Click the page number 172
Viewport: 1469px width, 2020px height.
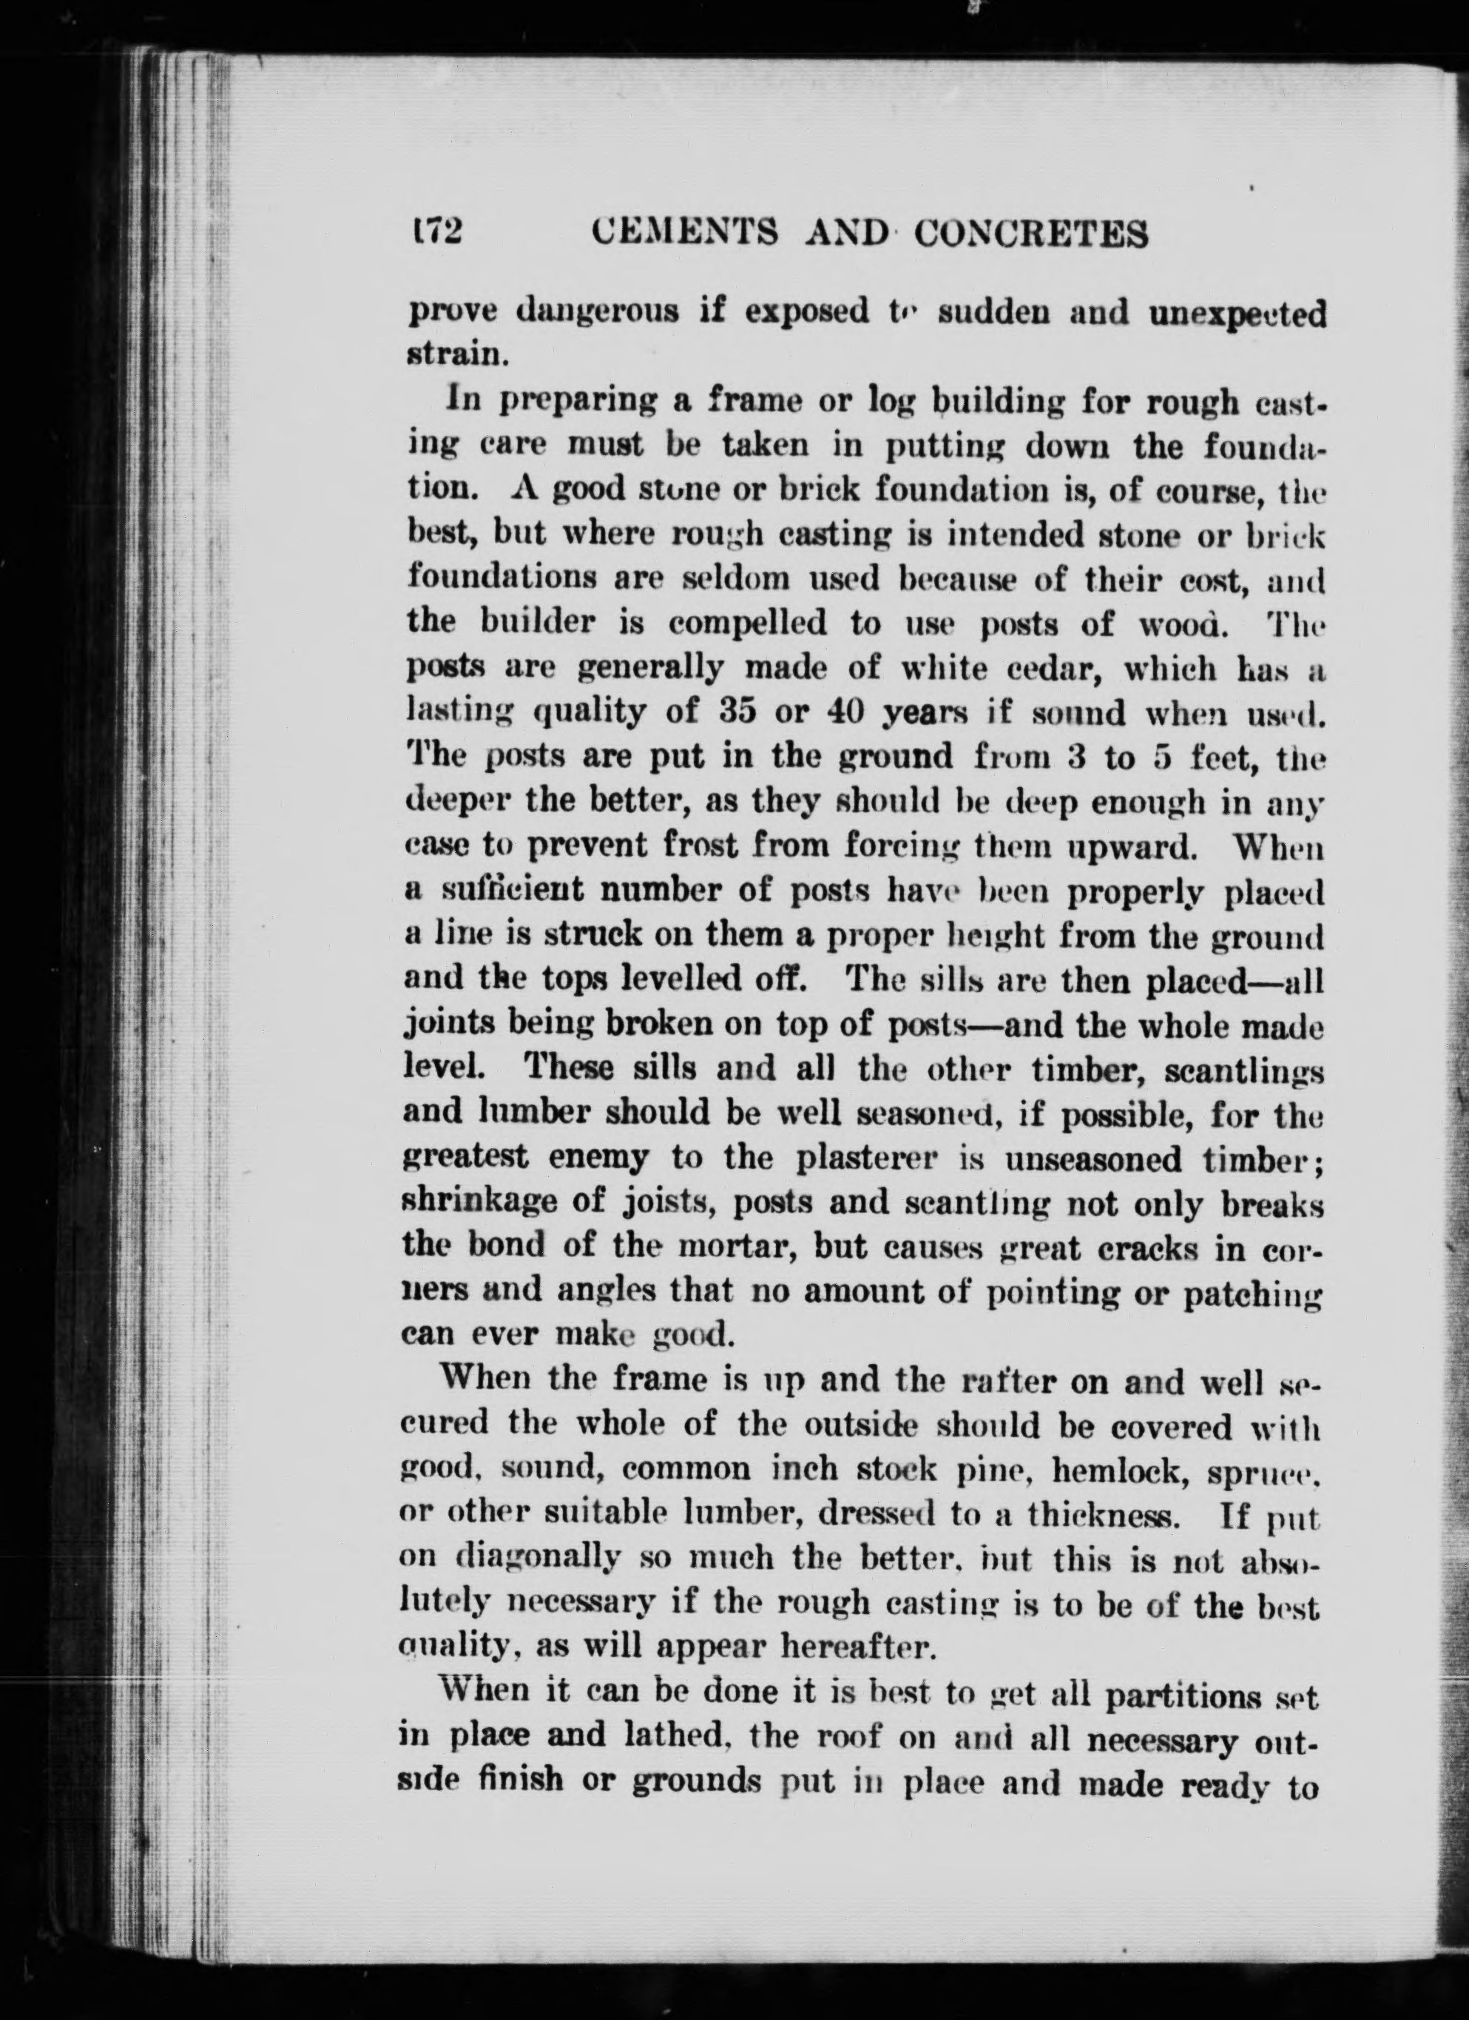pyautogui.click(x=436, y=235)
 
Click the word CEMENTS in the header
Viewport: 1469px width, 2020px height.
pyautogui.click(x=684, y=235)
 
